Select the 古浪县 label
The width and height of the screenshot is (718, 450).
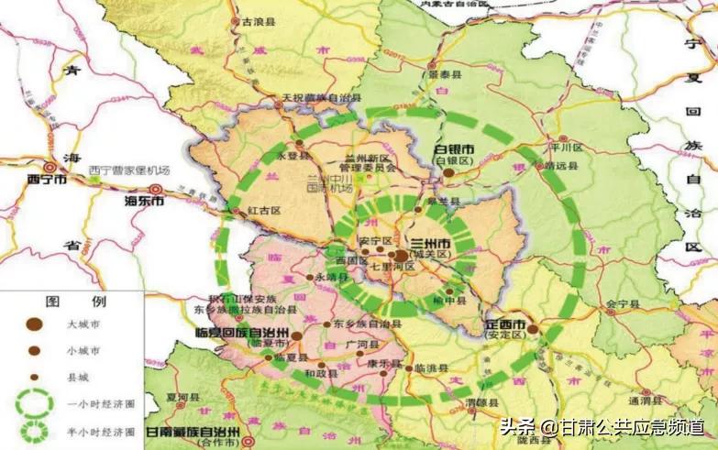point(254,19)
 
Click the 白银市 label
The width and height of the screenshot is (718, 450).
point(453,148)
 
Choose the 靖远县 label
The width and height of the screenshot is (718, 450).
point(560,166)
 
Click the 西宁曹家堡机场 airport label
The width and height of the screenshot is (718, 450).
point(129,170)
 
